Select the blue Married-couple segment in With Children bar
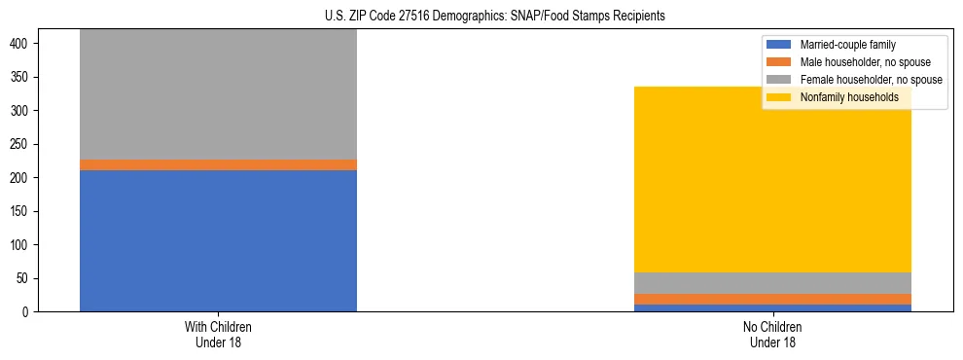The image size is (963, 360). coord(218,240)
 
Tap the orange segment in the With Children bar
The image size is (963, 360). coord(218,164)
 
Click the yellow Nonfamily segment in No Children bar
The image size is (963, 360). coord(772,179)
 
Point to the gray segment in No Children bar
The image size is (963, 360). coord(772,283)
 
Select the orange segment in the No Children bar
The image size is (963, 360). coord(772,299)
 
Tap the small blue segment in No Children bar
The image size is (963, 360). coord(772,307)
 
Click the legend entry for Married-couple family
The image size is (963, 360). coord(847,45)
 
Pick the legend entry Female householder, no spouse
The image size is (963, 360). coord(871,80)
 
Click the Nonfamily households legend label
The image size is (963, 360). coord(849,97)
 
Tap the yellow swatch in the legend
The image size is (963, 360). coord(779,97)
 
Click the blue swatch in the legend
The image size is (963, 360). coord(779,45)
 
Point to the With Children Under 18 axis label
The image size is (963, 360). coord(218,334)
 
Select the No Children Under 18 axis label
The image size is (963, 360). coord(772,334)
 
